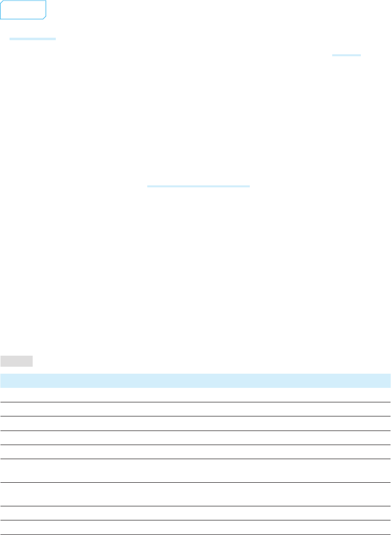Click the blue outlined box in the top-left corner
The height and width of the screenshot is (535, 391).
point(23,10)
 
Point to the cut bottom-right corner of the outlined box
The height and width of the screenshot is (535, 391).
point(44,18)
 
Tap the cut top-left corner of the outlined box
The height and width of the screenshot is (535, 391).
point(2,2)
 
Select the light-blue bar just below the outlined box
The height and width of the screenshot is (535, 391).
point(33,39)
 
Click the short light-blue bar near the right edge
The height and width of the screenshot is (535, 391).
point(346,55)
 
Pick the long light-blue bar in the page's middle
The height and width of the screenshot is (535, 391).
point(198,186)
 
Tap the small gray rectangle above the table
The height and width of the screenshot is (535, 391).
point(17,361)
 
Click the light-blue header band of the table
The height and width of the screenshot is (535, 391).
point(195,380)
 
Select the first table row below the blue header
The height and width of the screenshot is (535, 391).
point(195,395)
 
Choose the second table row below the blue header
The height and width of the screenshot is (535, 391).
point(195,409)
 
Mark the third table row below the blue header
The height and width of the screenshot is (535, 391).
point(195,423)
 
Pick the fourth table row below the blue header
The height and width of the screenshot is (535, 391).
point(195,438)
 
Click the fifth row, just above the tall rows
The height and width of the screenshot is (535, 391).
point(195,452)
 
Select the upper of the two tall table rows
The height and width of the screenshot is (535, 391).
point(195,471)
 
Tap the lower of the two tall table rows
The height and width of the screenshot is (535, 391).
point(195,494)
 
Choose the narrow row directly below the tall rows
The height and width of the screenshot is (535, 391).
point(195,513)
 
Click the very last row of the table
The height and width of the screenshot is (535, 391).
point(195,527)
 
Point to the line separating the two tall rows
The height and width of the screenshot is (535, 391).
point(195,483)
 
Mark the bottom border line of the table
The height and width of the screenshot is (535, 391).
point(195,534)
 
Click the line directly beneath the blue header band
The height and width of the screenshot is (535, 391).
point(195,388)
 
